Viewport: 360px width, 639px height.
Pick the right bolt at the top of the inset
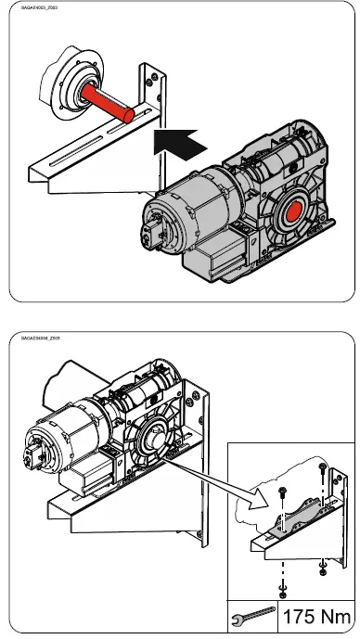coord(322,467)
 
